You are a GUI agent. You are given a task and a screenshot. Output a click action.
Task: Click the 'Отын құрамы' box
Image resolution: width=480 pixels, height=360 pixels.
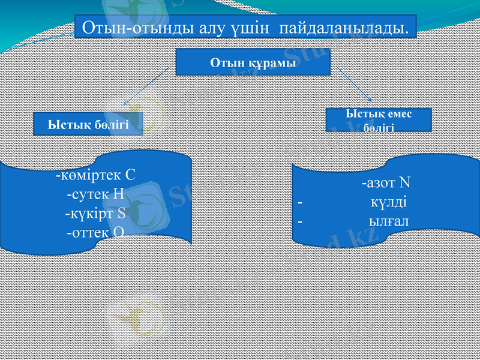coord(253,62)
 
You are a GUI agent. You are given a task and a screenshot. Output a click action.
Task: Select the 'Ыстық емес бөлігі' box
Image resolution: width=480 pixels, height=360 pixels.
coord(379,119)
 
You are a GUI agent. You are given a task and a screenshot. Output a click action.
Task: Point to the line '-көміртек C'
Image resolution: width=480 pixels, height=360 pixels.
coord(95,176)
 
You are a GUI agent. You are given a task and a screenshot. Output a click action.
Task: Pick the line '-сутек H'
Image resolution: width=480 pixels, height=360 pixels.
coord(95,194)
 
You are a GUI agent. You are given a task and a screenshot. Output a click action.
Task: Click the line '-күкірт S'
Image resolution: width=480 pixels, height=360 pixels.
coord(95,212)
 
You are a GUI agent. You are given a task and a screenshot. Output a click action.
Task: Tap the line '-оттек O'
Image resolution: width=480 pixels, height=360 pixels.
coord(95,231)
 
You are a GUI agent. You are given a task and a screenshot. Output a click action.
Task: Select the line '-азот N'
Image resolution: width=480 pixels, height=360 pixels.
coord(385,183)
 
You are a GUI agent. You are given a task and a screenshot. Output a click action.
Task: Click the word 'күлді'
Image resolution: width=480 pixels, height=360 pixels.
coord(389,202)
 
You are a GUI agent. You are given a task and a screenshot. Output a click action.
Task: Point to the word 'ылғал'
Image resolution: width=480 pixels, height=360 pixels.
coord(389,221)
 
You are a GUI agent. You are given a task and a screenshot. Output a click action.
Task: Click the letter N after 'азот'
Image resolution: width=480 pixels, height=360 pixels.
coord(404,183)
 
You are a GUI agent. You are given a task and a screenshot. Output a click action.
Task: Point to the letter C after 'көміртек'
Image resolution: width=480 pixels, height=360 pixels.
coord(130,176)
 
